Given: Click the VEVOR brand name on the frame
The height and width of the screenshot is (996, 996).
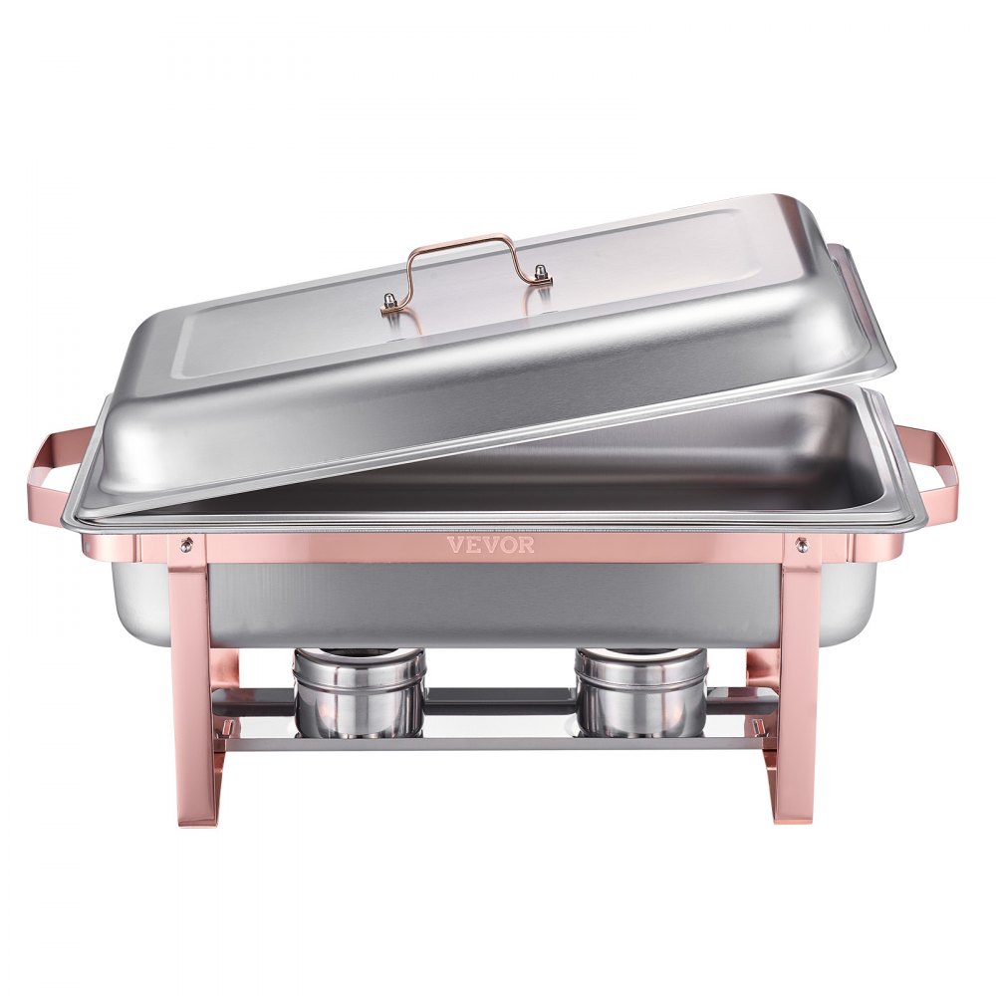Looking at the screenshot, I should (490, 545).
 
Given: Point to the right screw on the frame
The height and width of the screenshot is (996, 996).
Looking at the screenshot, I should (800, 544).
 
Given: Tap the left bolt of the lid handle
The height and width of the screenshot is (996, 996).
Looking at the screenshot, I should (389, 302).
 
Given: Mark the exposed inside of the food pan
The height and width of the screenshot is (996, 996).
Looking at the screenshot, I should (697, 458).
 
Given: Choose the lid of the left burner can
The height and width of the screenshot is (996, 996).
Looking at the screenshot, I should (360, 658).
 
